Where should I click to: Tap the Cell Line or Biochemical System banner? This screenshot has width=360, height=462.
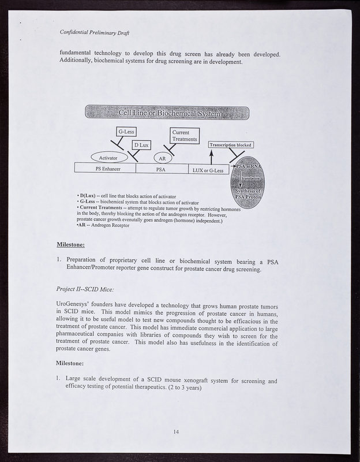[x=167, y=113]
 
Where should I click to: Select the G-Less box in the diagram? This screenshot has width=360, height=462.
[x=126, y=132]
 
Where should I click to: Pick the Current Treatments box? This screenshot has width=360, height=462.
[x=185, y=136]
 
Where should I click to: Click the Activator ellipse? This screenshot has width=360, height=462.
[x=108, y=157]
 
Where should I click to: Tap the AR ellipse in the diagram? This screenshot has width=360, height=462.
[x=163, y=158]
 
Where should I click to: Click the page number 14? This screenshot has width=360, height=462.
[x=177, y=431]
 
